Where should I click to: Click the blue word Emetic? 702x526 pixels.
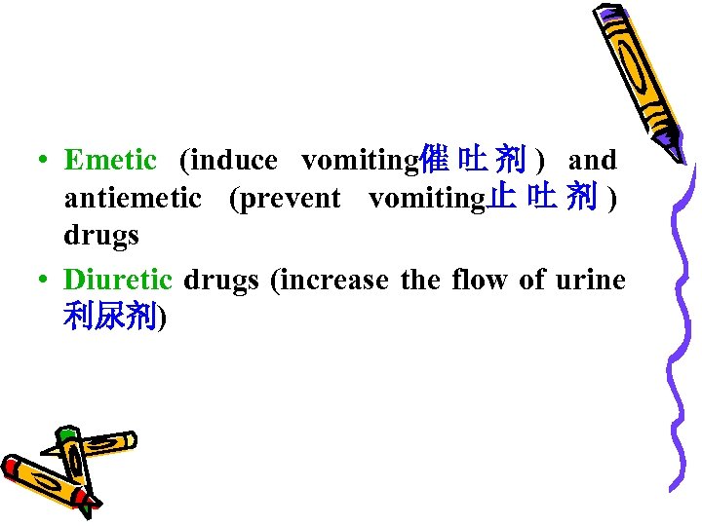pos(110,159)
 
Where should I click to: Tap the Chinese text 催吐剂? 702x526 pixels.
pos(472,158)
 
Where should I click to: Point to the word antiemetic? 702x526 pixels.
pos(133,199)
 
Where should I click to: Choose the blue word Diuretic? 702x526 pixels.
pos(118,280)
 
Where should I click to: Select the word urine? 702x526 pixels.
pos(590,280)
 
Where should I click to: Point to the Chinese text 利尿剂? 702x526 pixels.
pos(110,318)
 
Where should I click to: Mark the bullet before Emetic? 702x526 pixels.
pos(45,160)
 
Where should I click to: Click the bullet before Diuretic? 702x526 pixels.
pos(45,281)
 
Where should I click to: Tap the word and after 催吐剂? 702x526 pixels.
pos(593,159)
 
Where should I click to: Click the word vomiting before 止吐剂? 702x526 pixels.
pos(427,199)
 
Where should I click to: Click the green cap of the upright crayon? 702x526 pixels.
pos(65,434)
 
